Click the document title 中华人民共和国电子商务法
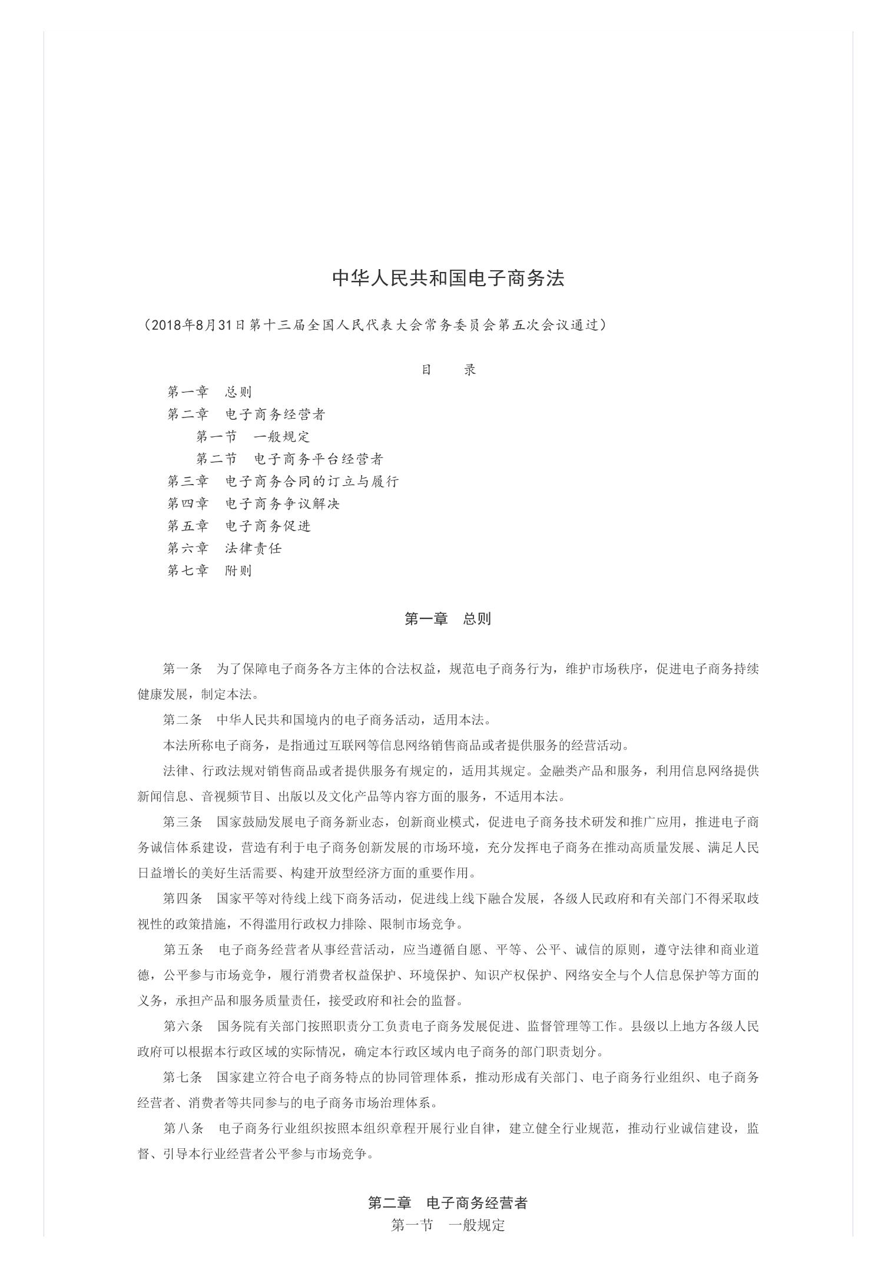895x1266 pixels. tap(448, 279)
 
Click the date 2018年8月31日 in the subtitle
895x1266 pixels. tap(193, 325)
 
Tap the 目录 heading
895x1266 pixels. tap(448, 370)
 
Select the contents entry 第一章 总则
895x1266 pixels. tap(210, 392)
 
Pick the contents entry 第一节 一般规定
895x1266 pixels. tap(253, 437)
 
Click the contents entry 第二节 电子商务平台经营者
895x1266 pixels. tap(290, 459)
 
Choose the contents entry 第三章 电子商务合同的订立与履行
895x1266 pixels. tap(283, 482)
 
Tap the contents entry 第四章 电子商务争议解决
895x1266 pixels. tap(253, 504)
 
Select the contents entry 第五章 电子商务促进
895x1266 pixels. tap(238, 526)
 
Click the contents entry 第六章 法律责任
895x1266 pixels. tap(224, 548)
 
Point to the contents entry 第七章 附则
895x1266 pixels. tap(210, 571)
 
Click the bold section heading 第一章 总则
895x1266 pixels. tap(447, 619)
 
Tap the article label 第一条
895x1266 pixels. tap(183, 669)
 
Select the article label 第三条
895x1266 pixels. tap(183, 822)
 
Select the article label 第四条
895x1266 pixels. tap(183, 899)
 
